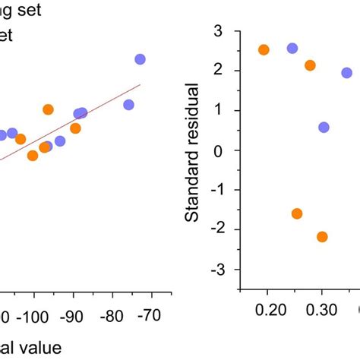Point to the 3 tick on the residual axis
[223, 30]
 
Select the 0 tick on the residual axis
[223, 150]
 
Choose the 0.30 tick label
[321, 311]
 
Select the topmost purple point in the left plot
[140, 59]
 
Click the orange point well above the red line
[48, 109]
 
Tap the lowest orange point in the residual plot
[322, 237]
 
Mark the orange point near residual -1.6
[297, 213]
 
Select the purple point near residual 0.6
[324, 127]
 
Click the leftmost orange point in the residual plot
[264, 50]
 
